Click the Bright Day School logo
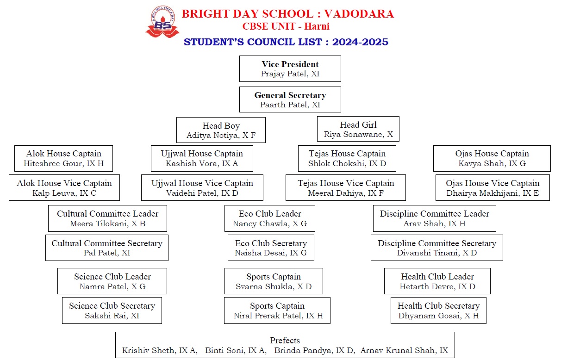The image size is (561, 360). click(x=162, y=22)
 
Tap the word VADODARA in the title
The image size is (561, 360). click(x=359, y=14)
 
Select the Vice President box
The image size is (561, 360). click(x=290, y=68)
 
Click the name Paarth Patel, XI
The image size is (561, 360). click(x=290, y=105)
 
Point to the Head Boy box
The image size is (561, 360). click(x=221, y=130)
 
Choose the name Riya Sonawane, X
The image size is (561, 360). click(x=358, y=135)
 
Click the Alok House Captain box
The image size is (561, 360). click(x=63, y=158)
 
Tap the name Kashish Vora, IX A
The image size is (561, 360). click(x=202, y=163)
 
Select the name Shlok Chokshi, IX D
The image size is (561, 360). click(x=347, y=163)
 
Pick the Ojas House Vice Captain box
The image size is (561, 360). click(x=492, y=187)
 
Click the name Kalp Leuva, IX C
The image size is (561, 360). click(x=64, y=193)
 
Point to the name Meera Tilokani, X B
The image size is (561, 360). click(x=108, y=223)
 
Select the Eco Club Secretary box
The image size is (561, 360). click(x=271, y=248)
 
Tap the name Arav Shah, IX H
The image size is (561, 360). click(x=435, y=223)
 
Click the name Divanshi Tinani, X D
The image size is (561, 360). click(x=437, y=253)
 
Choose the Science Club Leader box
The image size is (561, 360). click(x=112, y=281)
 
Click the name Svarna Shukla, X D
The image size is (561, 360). click(x=274, y=286)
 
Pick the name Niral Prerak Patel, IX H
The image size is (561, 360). click(x=278, y=316)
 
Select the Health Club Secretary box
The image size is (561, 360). click(x=438, y=310)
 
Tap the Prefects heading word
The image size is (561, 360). click(x=285, y=341)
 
